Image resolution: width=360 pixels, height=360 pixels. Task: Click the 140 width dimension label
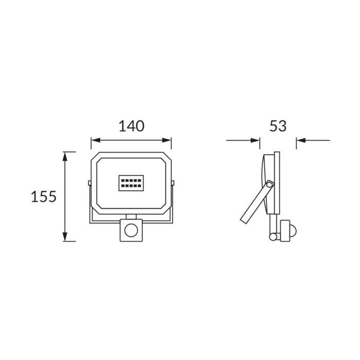pos(131,126)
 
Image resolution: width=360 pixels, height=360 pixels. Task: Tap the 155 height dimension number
pos(44,196)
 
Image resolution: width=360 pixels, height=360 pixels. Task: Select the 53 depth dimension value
pos(278,126)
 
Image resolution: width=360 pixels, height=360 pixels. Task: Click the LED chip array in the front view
pos(131,183)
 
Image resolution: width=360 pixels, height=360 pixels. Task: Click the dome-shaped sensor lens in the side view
pos(293,230)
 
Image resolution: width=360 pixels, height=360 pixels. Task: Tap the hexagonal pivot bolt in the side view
pos(270,184)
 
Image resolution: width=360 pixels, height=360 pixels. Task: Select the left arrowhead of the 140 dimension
pos(96,140)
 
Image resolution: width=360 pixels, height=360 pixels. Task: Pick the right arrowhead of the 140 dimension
pos(167,140)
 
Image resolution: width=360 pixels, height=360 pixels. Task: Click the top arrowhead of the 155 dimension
pos(65,156)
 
